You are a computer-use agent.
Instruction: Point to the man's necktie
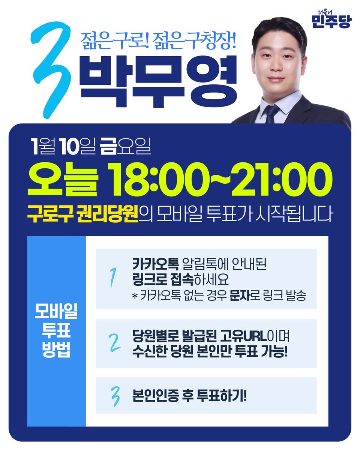point(271,113)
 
